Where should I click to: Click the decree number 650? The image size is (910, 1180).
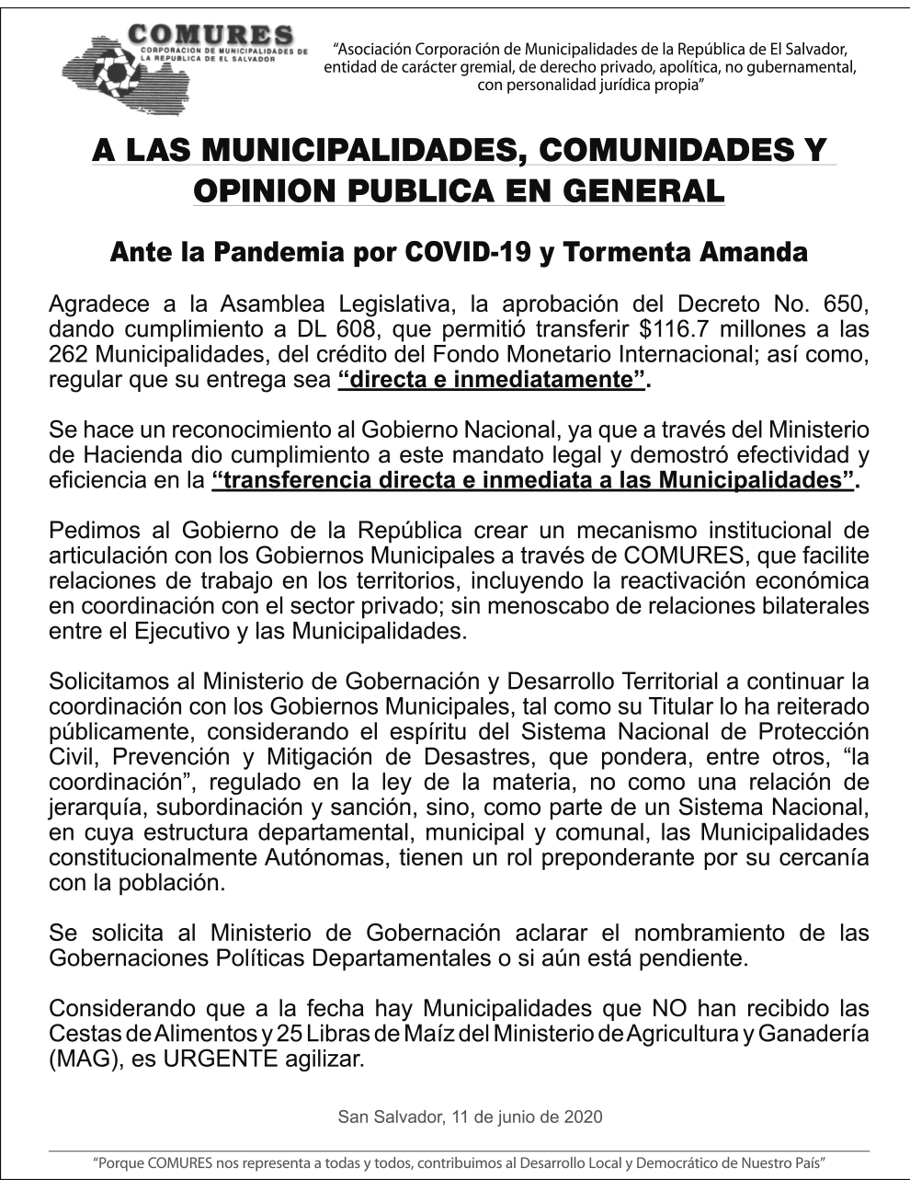(842, 305)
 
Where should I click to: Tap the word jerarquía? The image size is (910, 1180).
(97, 808)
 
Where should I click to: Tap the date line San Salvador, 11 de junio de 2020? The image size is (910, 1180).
(470, 1117)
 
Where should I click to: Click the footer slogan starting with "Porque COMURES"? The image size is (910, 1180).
(460, 1163)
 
